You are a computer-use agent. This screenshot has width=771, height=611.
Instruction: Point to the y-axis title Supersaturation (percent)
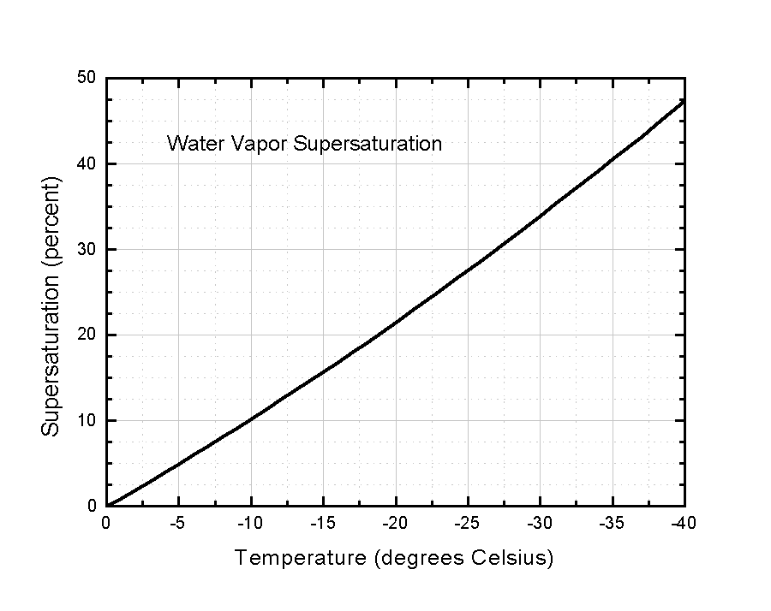pyautogui.click(x=51, y=307)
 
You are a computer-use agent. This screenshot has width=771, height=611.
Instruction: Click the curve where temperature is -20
pyautogui.click(x=396, y=323)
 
